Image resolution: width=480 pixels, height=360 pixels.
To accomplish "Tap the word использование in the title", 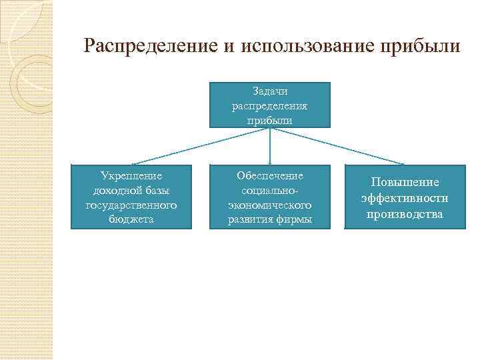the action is [x=304, y=47].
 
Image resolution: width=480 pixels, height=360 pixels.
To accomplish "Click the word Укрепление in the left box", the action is [x=131, y=176].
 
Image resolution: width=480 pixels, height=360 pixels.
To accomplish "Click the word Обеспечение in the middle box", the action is [x=270, y=176].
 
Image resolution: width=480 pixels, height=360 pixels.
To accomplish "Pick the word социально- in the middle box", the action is [x=270, y=191].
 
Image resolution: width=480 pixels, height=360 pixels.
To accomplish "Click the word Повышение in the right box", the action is [x=405, y=183].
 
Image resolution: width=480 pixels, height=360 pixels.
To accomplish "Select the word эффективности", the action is [x=405, y=198].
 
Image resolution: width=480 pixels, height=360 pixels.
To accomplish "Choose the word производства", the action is [x=405, y=214].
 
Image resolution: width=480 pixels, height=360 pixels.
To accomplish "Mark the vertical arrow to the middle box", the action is [x=270, y=147].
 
